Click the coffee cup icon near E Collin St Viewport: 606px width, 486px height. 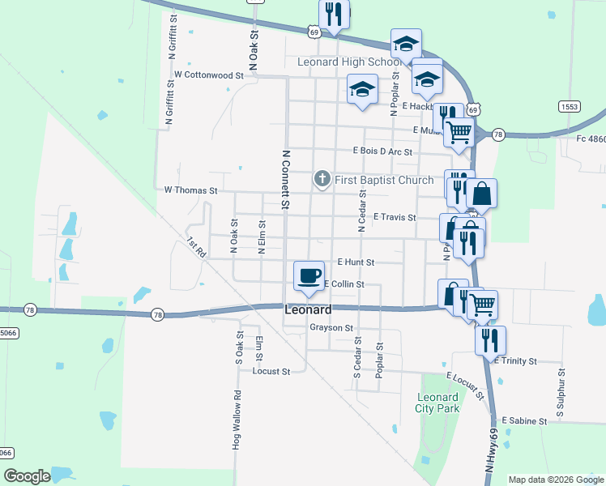(x=309, y=275)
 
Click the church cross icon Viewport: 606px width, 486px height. (x=322, y=179)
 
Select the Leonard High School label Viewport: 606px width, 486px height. (x=349, y=62)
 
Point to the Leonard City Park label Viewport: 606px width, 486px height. (x=437, y=403)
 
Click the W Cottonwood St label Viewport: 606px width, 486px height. (x=209, y=75)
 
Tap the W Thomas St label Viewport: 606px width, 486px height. (x=191, y=190)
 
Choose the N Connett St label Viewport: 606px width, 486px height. (x=285, y=179)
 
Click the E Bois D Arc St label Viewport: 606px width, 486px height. (x=382, y=151)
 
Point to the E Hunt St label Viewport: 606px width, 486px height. (x=356, y=262)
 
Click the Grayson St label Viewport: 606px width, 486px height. (x=331, y=328)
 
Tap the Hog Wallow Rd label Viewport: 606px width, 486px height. (x=237, y=420)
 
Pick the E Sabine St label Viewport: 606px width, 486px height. (x=524, y=421)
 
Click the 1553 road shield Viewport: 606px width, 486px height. (x=568, y=106)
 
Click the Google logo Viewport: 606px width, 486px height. (x=28, y=476)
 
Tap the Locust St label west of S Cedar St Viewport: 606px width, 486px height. (x=271, y=372)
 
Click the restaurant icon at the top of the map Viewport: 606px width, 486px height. (x=334, y=14)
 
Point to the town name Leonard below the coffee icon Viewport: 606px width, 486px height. (x=308, y=310)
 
